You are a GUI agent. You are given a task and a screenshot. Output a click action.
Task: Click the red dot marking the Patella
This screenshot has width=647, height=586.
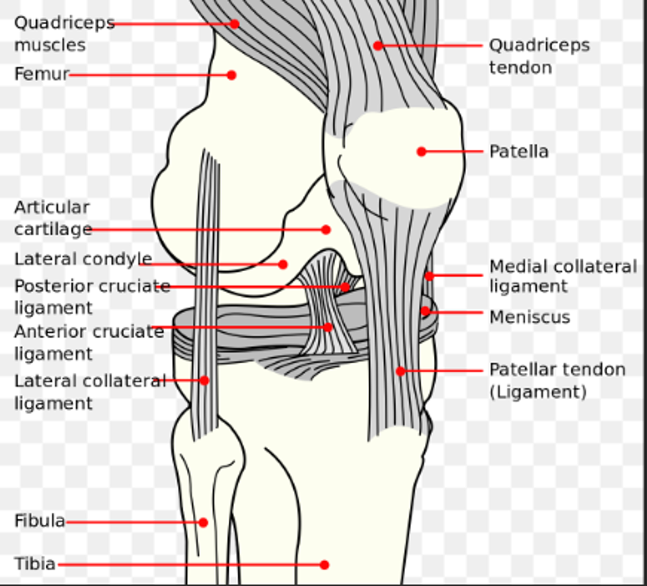tap(422, 151)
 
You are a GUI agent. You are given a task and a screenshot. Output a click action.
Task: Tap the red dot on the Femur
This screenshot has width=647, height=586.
tap(231, 75)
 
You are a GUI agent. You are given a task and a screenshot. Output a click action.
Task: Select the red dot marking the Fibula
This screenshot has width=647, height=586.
tap(203, 522)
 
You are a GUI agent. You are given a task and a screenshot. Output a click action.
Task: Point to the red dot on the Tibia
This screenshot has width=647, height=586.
tap(324, 564)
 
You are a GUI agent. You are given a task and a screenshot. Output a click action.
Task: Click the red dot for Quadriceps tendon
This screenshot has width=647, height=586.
tap(378, 46)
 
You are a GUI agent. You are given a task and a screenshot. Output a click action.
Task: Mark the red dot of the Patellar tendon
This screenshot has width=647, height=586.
tap(400, 371)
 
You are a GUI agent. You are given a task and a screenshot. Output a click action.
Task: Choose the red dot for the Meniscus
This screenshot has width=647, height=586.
tap(425, 311)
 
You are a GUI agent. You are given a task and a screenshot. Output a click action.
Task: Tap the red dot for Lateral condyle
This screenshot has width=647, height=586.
tap(282, 264)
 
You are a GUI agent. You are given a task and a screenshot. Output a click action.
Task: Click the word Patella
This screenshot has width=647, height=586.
tap(519, 151)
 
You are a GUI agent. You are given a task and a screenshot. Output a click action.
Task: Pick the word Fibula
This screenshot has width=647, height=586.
tap(40, 521)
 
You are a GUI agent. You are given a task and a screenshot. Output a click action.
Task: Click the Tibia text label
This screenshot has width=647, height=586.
tap(35, 563)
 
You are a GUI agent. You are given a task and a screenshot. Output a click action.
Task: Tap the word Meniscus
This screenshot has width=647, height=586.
tap(529, 317)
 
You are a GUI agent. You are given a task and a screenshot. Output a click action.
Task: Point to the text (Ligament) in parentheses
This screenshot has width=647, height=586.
tap(537, 392)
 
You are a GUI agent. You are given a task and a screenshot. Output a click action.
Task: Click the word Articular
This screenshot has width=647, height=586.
tap(52, 207)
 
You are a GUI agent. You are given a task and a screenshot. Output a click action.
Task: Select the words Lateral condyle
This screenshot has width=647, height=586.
tap(83, 259)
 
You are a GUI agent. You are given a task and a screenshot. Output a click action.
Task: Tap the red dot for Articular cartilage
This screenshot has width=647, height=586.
tap(326, 229)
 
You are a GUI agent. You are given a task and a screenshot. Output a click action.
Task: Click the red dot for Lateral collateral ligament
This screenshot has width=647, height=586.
tap(204, 380)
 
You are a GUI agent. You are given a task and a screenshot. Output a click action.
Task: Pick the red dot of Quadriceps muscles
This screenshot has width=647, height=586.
tap(234, 24)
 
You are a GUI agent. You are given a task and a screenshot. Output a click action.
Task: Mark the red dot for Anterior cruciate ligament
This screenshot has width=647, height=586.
tap(328, 327)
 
